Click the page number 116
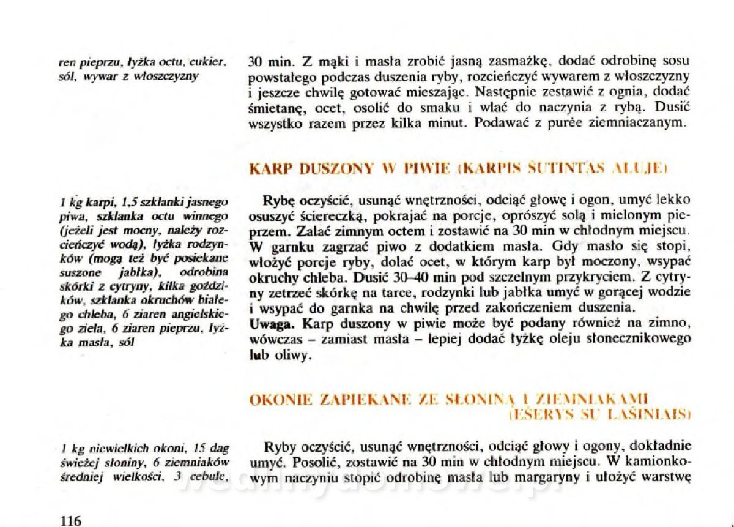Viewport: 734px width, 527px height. point(71,521)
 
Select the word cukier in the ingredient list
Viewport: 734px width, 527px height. point(208,62)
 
